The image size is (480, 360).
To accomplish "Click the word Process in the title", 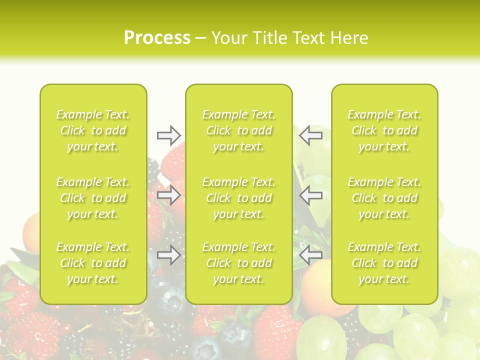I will [157, 38].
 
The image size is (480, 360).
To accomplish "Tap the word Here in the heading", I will [348, 38].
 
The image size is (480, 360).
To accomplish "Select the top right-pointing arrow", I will [168, 135].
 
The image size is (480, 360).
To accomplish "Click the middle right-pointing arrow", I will [168, 195].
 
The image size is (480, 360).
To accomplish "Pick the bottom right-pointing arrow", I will [168, 255].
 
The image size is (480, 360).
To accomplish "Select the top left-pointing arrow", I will [310, 135].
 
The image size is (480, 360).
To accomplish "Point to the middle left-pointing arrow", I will [310, 195].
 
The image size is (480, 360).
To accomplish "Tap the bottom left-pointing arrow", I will [310, 255].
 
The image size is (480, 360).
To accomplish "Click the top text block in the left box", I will [93, 130].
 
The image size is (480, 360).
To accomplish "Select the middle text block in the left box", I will [93, 198].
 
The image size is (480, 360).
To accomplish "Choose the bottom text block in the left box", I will [93, 263].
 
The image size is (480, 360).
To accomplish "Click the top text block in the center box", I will [239, 130].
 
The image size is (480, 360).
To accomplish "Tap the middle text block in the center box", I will [239, 198].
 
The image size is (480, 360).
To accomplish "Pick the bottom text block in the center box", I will [239, 263].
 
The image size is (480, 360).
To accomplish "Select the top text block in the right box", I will [384, 130].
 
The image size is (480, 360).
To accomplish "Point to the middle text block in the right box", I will [384, 198].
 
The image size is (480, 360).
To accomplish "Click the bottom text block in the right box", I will [384, 263].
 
